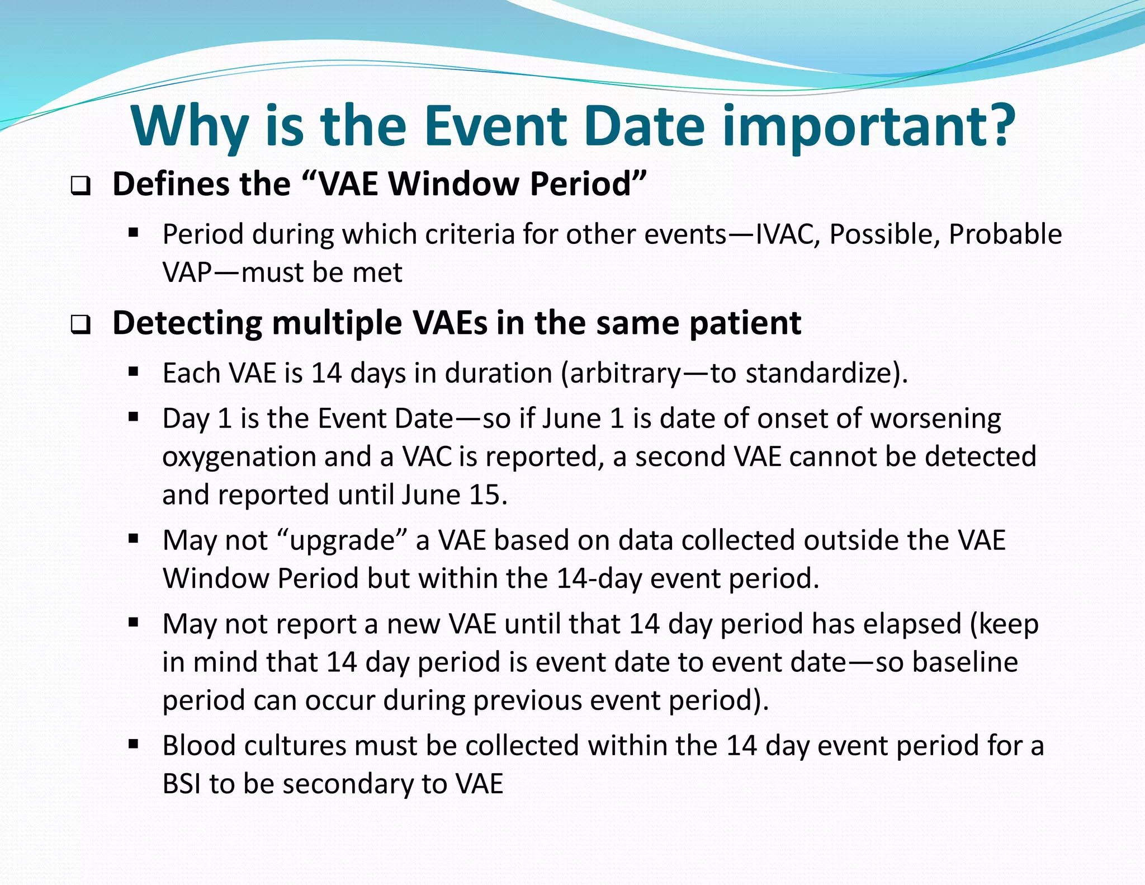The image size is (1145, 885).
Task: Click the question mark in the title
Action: point(995,126)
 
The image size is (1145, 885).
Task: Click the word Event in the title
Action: point(495,126)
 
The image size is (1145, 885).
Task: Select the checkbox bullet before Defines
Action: point(81,186)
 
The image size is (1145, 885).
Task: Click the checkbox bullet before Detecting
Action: point(81,325)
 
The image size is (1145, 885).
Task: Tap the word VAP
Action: point(187,273)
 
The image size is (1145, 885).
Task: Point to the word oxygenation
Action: point(239,457)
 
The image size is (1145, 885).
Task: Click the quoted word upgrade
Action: point(342,541)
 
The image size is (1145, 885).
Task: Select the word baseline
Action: point(965,662)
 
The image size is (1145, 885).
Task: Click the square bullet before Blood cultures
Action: point(133,744)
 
